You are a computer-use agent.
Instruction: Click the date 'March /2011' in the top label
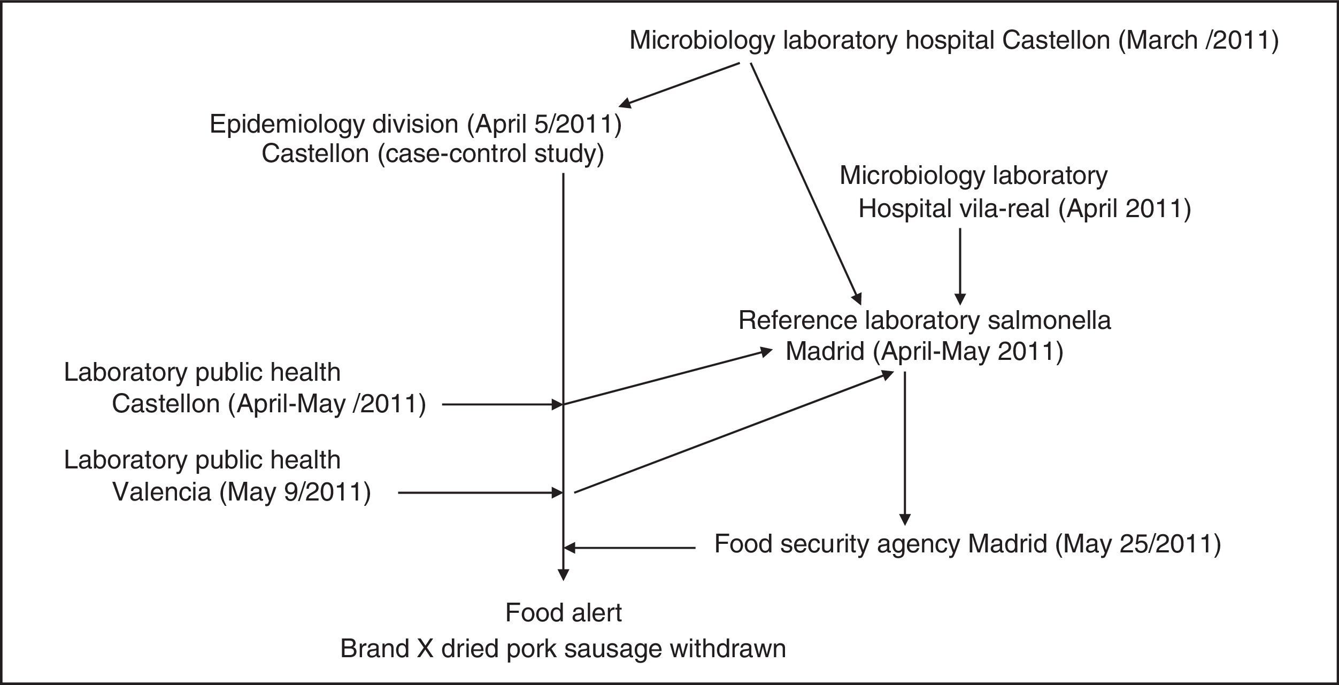(x=1198, y=41)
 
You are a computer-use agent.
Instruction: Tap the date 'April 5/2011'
(x=543, y=124)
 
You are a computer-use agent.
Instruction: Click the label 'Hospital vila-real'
(x=953, y=209)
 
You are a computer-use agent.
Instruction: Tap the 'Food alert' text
(x=563, y=613)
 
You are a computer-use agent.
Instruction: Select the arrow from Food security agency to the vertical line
(x=629, y=548)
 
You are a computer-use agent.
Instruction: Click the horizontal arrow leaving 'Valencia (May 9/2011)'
(x=480, y=493)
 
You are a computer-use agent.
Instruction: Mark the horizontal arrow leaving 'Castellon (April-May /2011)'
(x=501, y=405)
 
